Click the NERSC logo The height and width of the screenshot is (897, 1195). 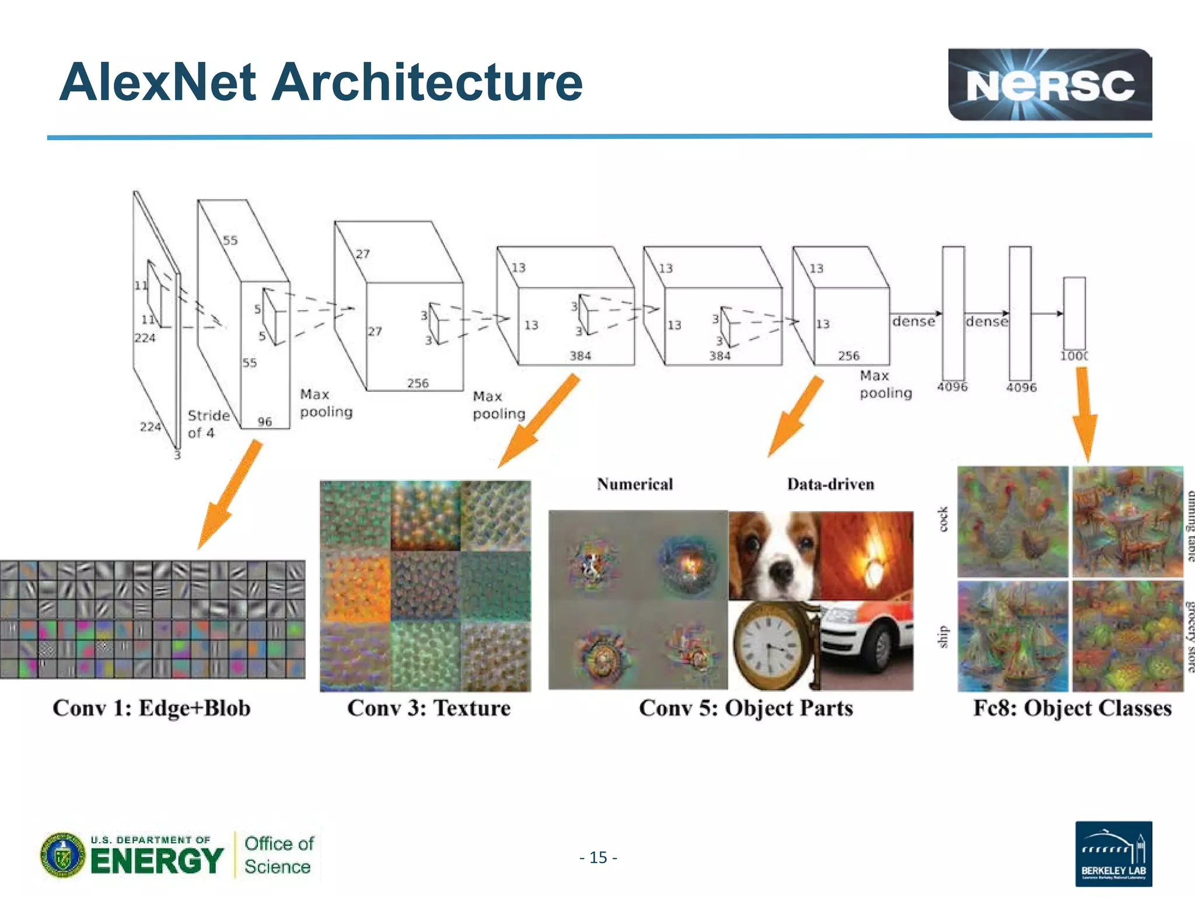pyautogui.click(x=1049, y=85)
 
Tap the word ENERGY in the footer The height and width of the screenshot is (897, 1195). pyautogui.click(x=157, y=861)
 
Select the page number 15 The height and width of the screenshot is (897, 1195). pyautogui.click(x=598, y=857)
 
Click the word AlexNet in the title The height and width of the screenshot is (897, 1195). pyautogui.click(x=158, y=82)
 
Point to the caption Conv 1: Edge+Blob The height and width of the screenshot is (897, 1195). pyautogui.click(x=152, y=708)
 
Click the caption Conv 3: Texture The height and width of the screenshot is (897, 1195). pyautogui.click(x=429, y=708)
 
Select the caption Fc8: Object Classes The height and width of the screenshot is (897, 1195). pyautogui.click(x=1072, y=708)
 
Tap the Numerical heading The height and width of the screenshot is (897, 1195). pyautogui.click(x=635, y=484)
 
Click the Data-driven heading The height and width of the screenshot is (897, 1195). pyautogui.click(x=830, y=484)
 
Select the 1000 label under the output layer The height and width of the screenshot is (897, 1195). pyautogui.click(x=1074, y=356)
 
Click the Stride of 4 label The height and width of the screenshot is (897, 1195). pyautogui.click(x=207, y=424)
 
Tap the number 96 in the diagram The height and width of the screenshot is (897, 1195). pyautogui.click(x=265, y=421)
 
